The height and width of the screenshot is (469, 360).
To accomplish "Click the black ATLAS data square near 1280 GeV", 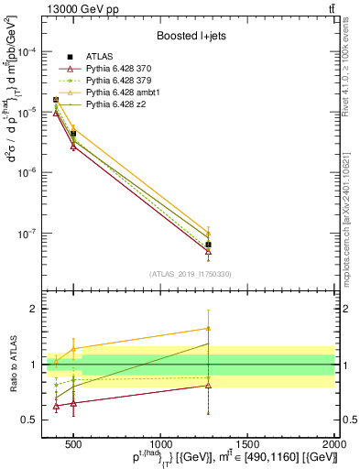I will pos(209,245).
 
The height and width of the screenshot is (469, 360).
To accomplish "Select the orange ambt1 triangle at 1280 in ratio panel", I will pos(209,328).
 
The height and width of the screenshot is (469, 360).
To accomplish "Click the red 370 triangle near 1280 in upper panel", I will pos(209,251).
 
